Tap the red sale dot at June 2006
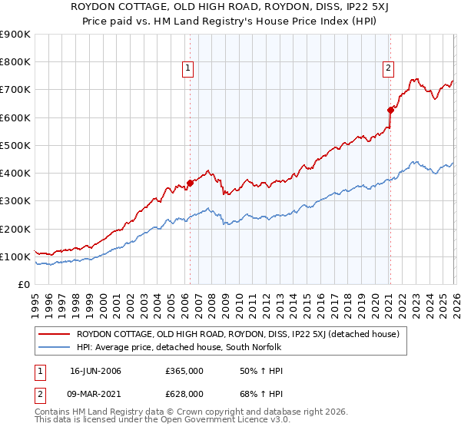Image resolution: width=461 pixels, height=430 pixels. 190,183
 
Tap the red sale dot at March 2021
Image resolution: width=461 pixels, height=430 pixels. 390,110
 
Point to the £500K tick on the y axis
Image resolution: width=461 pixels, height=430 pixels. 15,145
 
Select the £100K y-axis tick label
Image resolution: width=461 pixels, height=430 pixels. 15,256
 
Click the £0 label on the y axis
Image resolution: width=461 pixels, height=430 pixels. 23,284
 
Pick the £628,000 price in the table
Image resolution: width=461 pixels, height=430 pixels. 184,394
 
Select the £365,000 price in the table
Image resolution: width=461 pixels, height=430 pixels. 184,371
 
